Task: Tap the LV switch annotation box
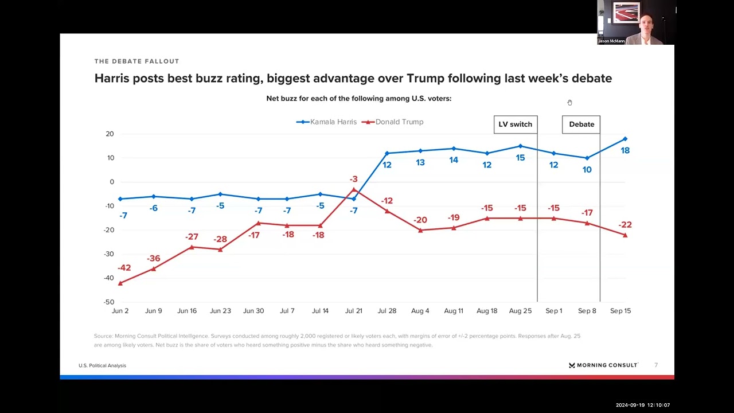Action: pos(515,124)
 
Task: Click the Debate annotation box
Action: pos(581,124)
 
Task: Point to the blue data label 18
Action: pos(625,150)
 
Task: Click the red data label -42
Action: pos(124,268)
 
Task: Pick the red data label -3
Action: pos(354,180)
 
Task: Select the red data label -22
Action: pos(625,225)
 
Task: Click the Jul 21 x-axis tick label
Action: pos(354,311)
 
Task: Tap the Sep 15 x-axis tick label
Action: pos(620,311)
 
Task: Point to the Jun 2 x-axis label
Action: pos(120,311)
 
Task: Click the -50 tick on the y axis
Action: pos(108,302)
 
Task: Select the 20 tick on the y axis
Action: pos(110,134)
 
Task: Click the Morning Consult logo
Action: pos(603,365)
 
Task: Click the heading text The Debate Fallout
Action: pos(136,61)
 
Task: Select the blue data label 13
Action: pos(420,163)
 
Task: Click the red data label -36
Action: pos(154,259)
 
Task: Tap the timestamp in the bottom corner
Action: pos(642,405)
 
